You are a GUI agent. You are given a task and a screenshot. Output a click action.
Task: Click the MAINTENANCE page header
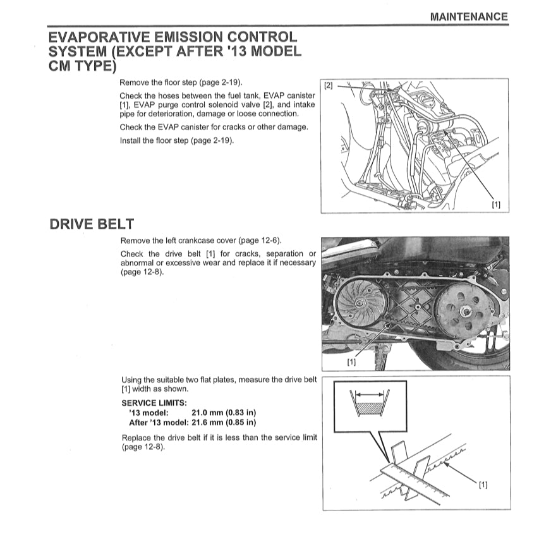pyautogui.click(x=468, y=17)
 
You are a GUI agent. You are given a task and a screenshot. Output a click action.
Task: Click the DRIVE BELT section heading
pyautogui.click(x=91, y=224)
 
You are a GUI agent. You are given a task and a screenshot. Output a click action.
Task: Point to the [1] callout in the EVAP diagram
pyautogui.click(x=496, y=205)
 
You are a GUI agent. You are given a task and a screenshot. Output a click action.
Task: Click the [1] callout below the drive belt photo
pyautogui.click(x=351, y=362)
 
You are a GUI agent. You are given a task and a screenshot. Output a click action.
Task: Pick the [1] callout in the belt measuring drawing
pyautogui.click(x=483, y=485)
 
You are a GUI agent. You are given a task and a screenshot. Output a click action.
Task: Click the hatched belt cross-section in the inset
pyautogui.click(x=370, y=409)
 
